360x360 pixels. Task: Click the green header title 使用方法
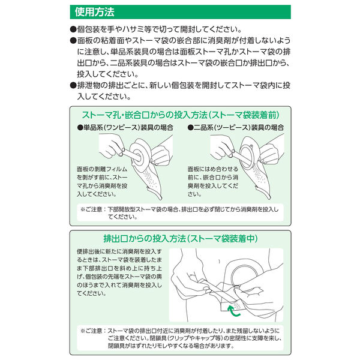pos(94,12)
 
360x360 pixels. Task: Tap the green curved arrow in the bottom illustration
pos(232,311)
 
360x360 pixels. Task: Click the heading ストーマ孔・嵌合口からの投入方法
pos(145,115)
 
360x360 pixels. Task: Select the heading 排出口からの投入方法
pos(145,239)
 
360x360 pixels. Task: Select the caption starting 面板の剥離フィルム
pos(102,182)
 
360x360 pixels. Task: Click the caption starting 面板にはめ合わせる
pos(213,182)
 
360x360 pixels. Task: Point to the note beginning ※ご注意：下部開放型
pos(179,213)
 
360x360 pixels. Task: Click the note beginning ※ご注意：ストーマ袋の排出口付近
pos(181,338)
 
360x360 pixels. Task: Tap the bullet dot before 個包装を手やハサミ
pos(73,29)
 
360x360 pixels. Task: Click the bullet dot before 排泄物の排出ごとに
pos(73,86)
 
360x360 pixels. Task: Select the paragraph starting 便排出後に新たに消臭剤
pos(119,272)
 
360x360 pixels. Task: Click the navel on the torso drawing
pos(219,261)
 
